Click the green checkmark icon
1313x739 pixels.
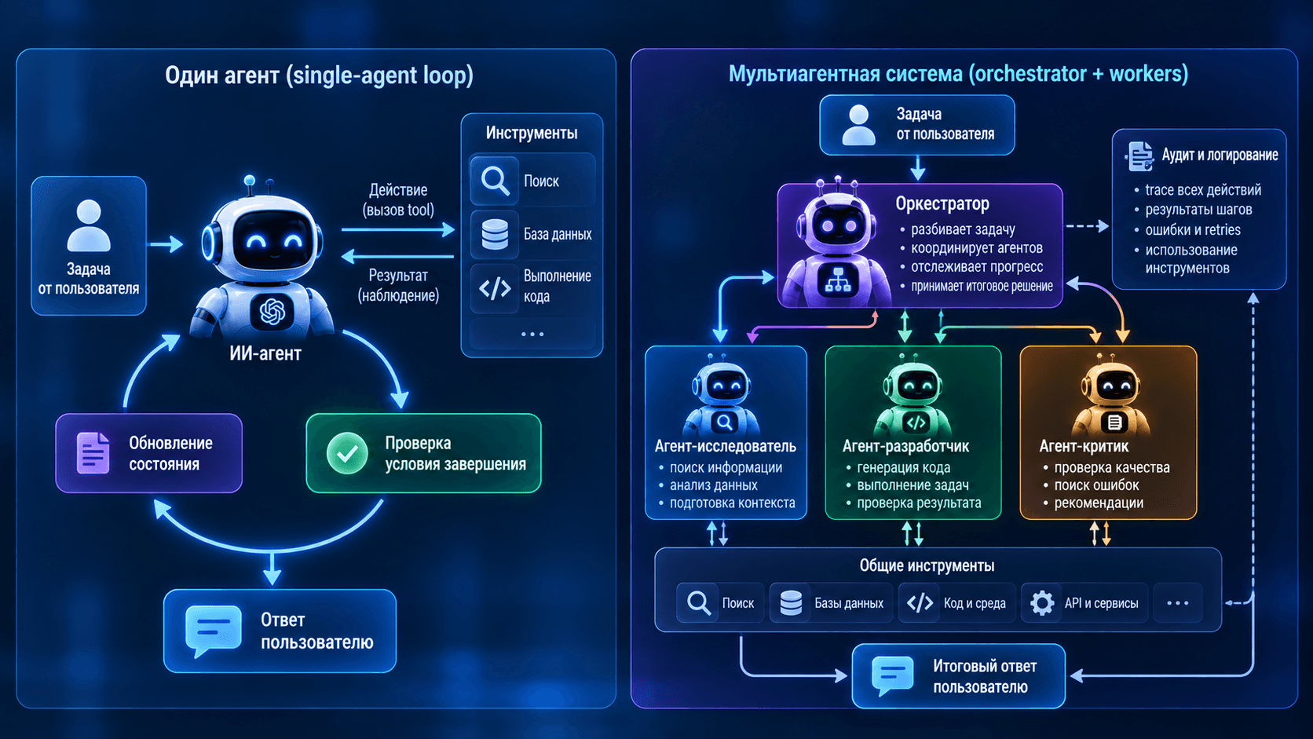tap(347, 453)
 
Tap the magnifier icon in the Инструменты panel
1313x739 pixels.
tap(495, 181)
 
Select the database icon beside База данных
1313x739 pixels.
tap(495, 234)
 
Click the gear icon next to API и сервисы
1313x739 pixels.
tap(1042, 603)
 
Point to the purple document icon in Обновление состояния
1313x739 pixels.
tap(93, 452)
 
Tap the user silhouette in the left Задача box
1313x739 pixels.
tap(89, 226)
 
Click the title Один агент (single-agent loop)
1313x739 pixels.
tap(319, 75)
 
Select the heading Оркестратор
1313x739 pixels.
tap(942, 204)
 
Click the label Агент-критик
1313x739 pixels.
tap(1083, 447)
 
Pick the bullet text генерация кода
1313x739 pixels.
tap(903, 467)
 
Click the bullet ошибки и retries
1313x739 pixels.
tap(1193, 230)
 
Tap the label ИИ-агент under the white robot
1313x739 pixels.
tap(265, 353)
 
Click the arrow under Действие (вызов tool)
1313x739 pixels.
tap(398, 230)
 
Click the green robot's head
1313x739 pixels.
tap(913, 384)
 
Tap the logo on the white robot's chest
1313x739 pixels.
tap(272, 311)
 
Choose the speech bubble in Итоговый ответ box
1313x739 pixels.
tap(892, 675)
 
